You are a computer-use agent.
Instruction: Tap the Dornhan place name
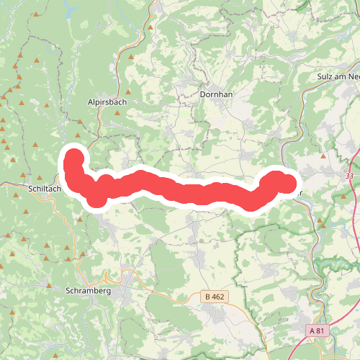pos(215,94)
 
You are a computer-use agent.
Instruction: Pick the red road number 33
pos(349,175)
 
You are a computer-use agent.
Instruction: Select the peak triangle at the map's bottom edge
pos(55,354)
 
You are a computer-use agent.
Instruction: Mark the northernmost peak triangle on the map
pos(153,27)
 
